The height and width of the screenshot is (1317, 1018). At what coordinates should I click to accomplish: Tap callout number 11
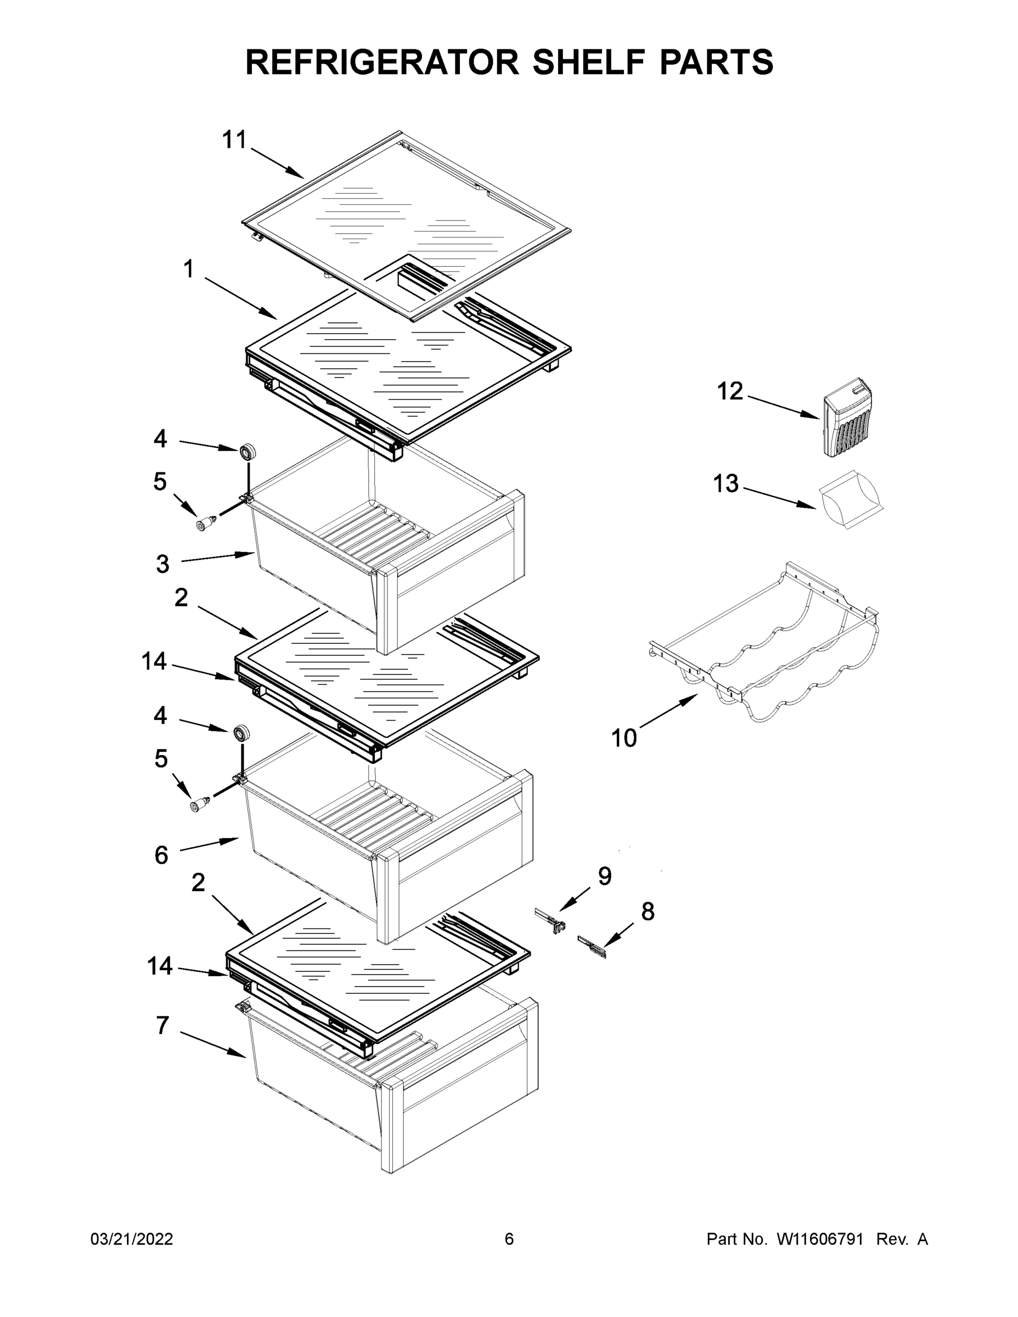tap(234, 140)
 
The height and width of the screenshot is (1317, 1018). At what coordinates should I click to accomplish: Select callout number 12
tap(730, 391)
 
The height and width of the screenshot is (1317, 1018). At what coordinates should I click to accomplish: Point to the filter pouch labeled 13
tap(850, 500)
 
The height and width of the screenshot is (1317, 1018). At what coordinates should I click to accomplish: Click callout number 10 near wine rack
tap(624, 738)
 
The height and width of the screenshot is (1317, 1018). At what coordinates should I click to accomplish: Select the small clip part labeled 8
tap(592, 945)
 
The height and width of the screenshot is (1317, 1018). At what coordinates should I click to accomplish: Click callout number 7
tap(162, 1025)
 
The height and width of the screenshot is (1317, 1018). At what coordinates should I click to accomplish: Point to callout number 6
tap(161, 854)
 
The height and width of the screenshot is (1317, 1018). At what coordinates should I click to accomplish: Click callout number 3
tap(163, 564)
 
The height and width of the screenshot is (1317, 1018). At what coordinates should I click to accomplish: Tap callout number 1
tap(189, 269)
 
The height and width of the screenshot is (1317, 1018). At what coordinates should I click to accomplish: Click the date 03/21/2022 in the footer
tap(132, 1239)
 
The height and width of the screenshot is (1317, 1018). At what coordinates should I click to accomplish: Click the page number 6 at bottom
tap(509, 1239)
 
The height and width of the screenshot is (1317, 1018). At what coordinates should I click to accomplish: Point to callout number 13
tap(725, 483)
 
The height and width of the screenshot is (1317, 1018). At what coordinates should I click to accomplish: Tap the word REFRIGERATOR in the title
tap(382, 61)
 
